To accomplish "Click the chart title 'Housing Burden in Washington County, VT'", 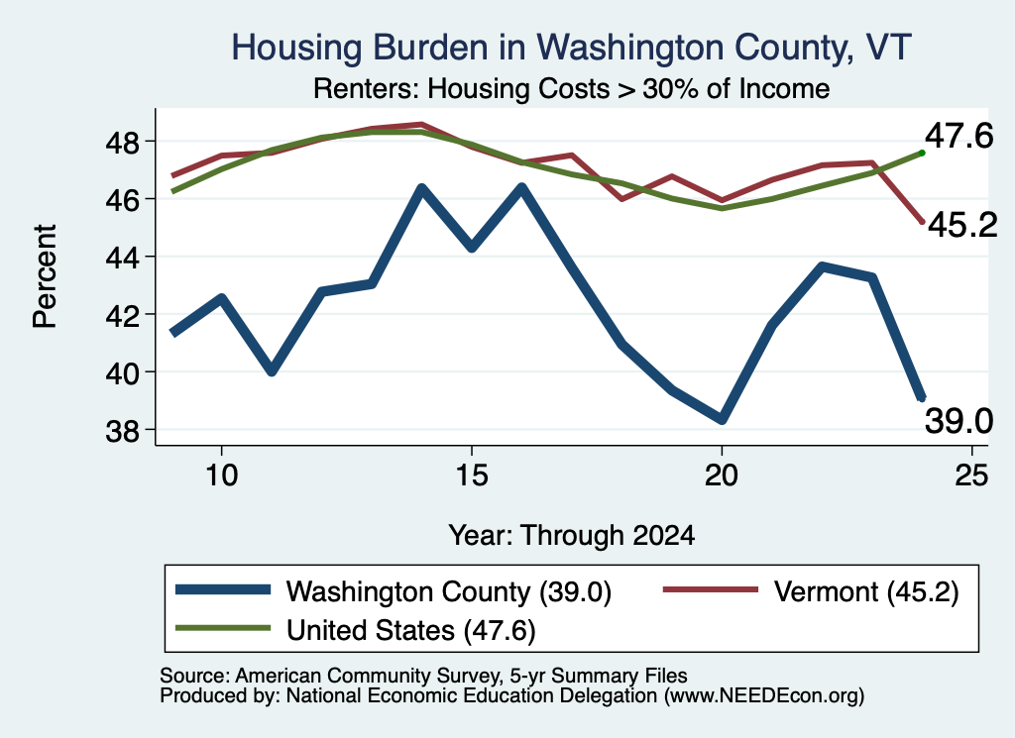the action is [572, 48].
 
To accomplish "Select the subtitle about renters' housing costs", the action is [572, 88].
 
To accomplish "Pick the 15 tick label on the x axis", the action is [471, 475].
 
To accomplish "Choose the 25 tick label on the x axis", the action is [971, 475].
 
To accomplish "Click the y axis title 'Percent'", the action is [45, 276].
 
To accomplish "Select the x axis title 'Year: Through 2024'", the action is [572, 536].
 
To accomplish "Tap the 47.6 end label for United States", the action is [959, 137].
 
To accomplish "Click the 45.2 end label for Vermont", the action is [962, 225].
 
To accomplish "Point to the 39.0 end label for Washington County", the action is [959, 422].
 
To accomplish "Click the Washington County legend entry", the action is [394, 591].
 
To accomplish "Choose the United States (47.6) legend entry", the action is [356, 630].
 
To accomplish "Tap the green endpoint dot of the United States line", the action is [922, 154].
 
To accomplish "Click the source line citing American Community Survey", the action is [423, 676].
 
